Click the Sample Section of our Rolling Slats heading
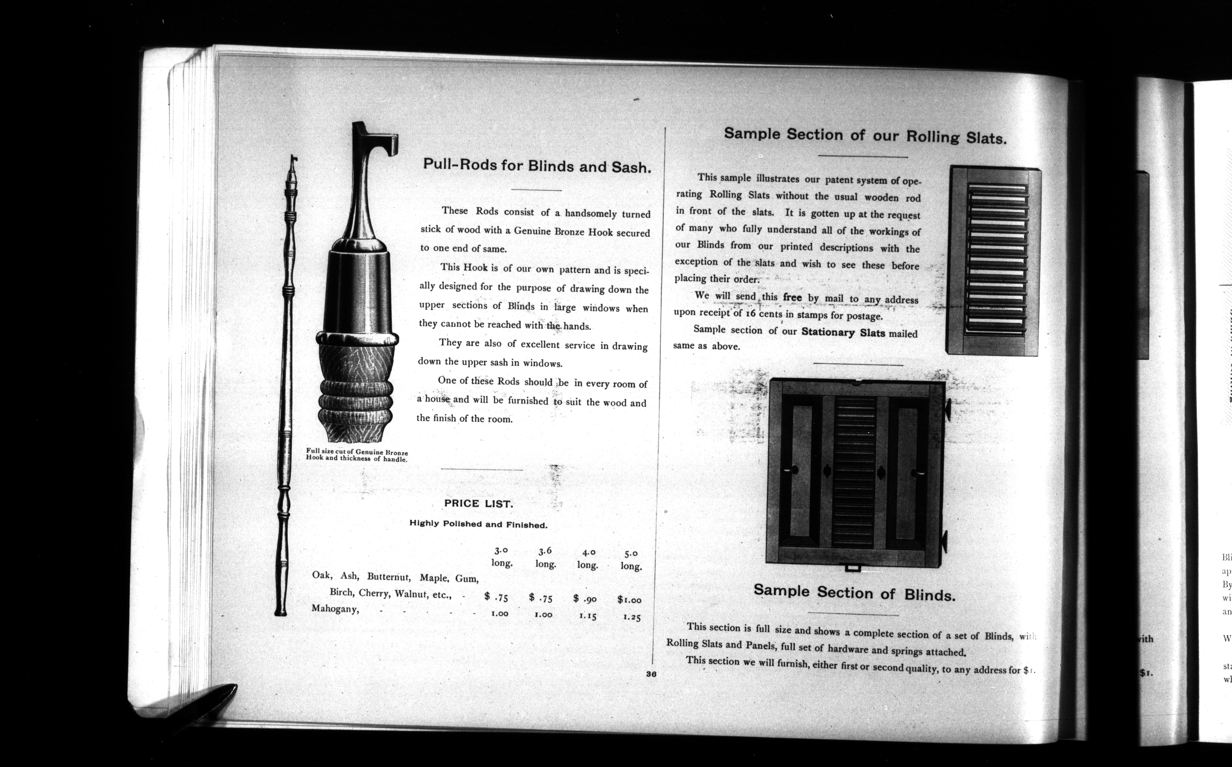coord(865,136)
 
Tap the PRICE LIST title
coord(478,504)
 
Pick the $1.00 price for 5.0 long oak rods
coord(630,600)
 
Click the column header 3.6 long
coord(545,557)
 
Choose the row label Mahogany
coord(335,609)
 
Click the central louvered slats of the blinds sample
coord(854,472)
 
